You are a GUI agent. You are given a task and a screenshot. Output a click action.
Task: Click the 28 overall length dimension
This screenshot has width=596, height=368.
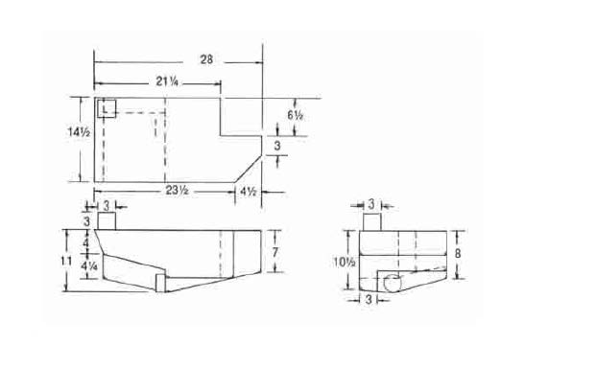coord(206,59)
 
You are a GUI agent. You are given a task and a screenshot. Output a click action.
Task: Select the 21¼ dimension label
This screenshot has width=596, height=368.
coord(167,81)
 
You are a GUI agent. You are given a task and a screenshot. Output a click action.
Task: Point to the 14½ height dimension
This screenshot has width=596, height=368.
coord(79,132)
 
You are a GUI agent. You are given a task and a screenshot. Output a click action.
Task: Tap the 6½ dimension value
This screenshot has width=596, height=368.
coord(295,115)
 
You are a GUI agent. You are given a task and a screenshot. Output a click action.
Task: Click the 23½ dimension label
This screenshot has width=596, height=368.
coord(178,190)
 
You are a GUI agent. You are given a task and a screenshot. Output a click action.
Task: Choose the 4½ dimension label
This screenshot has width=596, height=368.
coord(248,192)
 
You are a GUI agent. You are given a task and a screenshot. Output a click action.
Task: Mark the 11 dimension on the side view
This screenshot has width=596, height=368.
coord(67,261)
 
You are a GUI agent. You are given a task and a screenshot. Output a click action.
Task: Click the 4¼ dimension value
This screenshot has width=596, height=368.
coord(89,266)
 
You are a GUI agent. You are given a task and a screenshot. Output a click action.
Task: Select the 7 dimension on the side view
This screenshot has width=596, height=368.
coord(275,252)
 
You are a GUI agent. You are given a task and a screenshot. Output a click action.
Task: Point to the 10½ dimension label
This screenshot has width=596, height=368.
coord(345,262)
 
